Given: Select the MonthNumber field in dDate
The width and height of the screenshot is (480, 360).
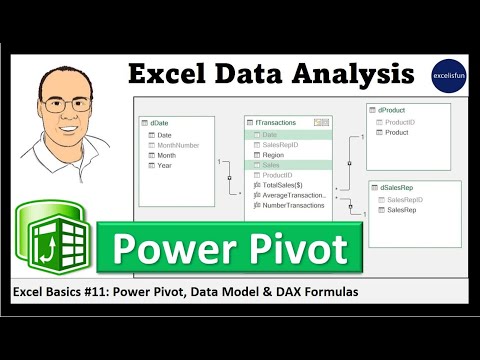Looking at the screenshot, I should click(180, 145).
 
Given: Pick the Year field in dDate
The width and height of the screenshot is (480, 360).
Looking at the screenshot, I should click(164, 166).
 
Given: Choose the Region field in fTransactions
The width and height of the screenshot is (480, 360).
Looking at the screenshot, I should click(273, 155).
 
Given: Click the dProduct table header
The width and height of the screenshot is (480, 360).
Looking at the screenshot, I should click(392, 110).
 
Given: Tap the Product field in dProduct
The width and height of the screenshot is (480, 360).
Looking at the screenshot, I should click(396, 132).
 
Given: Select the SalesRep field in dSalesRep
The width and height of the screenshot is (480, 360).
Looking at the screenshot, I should click(402, 210).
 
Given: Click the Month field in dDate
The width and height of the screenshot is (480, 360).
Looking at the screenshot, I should click(166, 155).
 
